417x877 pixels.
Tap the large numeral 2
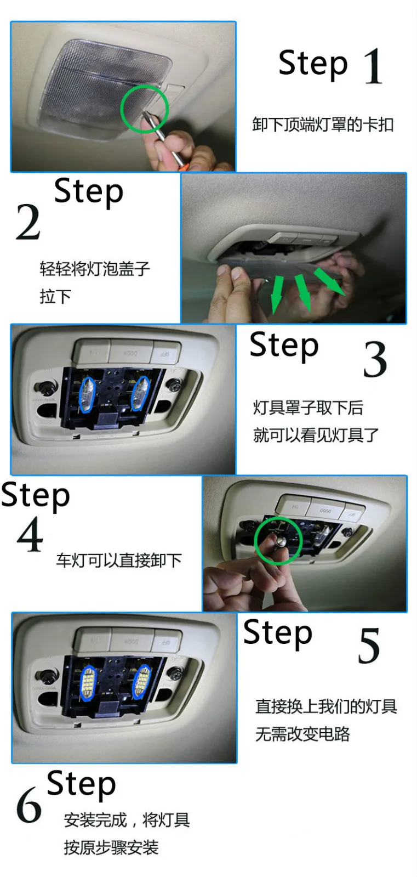coord(28,222)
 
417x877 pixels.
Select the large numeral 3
coord(375,359)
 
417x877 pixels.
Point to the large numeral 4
coord(30,534)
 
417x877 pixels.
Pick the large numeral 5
coord(369,646)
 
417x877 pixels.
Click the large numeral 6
coord(28,805)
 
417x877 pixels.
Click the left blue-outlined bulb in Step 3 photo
coord(87,394)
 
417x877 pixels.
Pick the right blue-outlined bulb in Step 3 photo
coord(140,393)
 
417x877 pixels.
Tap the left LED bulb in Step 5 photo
coord(88,682)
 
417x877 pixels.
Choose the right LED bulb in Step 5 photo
coord(141,681)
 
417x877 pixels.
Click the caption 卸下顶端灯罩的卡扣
coord(323,125)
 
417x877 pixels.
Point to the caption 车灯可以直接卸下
coord(119,561)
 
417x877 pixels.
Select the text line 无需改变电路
coord(302,734)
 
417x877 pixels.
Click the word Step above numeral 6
coord(81,783)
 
